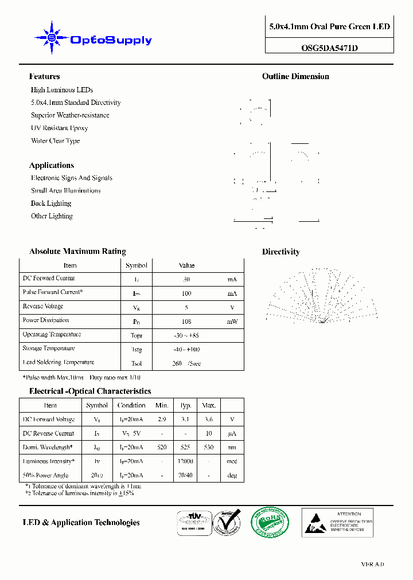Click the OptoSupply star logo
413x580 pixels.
(52, 38)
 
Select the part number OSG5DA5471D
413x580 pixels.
(329, 49)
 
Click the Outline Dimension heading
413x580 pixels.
(295, 76)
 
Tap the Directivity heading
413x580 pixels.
(280, 252)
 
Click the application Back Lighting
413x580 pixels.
(51, 203)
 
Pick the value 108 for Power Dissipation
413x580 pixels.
(186, 322)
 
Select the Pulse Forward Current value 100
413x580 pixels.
(186, 293)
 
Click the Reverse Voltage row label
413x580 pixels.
(43, 307)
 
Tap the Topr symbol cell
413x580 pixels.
(137, 336)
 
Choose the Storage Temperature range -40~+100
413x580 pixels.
(186, 350)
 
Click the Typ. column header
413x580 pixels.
(185, 405)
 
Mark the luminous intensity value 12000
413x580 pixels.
(185, 461)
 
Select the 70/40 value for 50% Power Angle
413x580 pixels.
(185, 475)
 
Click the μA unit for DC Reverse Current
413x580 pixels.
(232, 434)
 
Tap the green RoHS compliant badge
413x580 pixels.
(270, 522)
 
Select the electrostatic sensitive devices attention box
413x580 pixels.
(338, 523)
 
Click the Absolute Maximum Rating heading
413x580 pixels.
(77, 252)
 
